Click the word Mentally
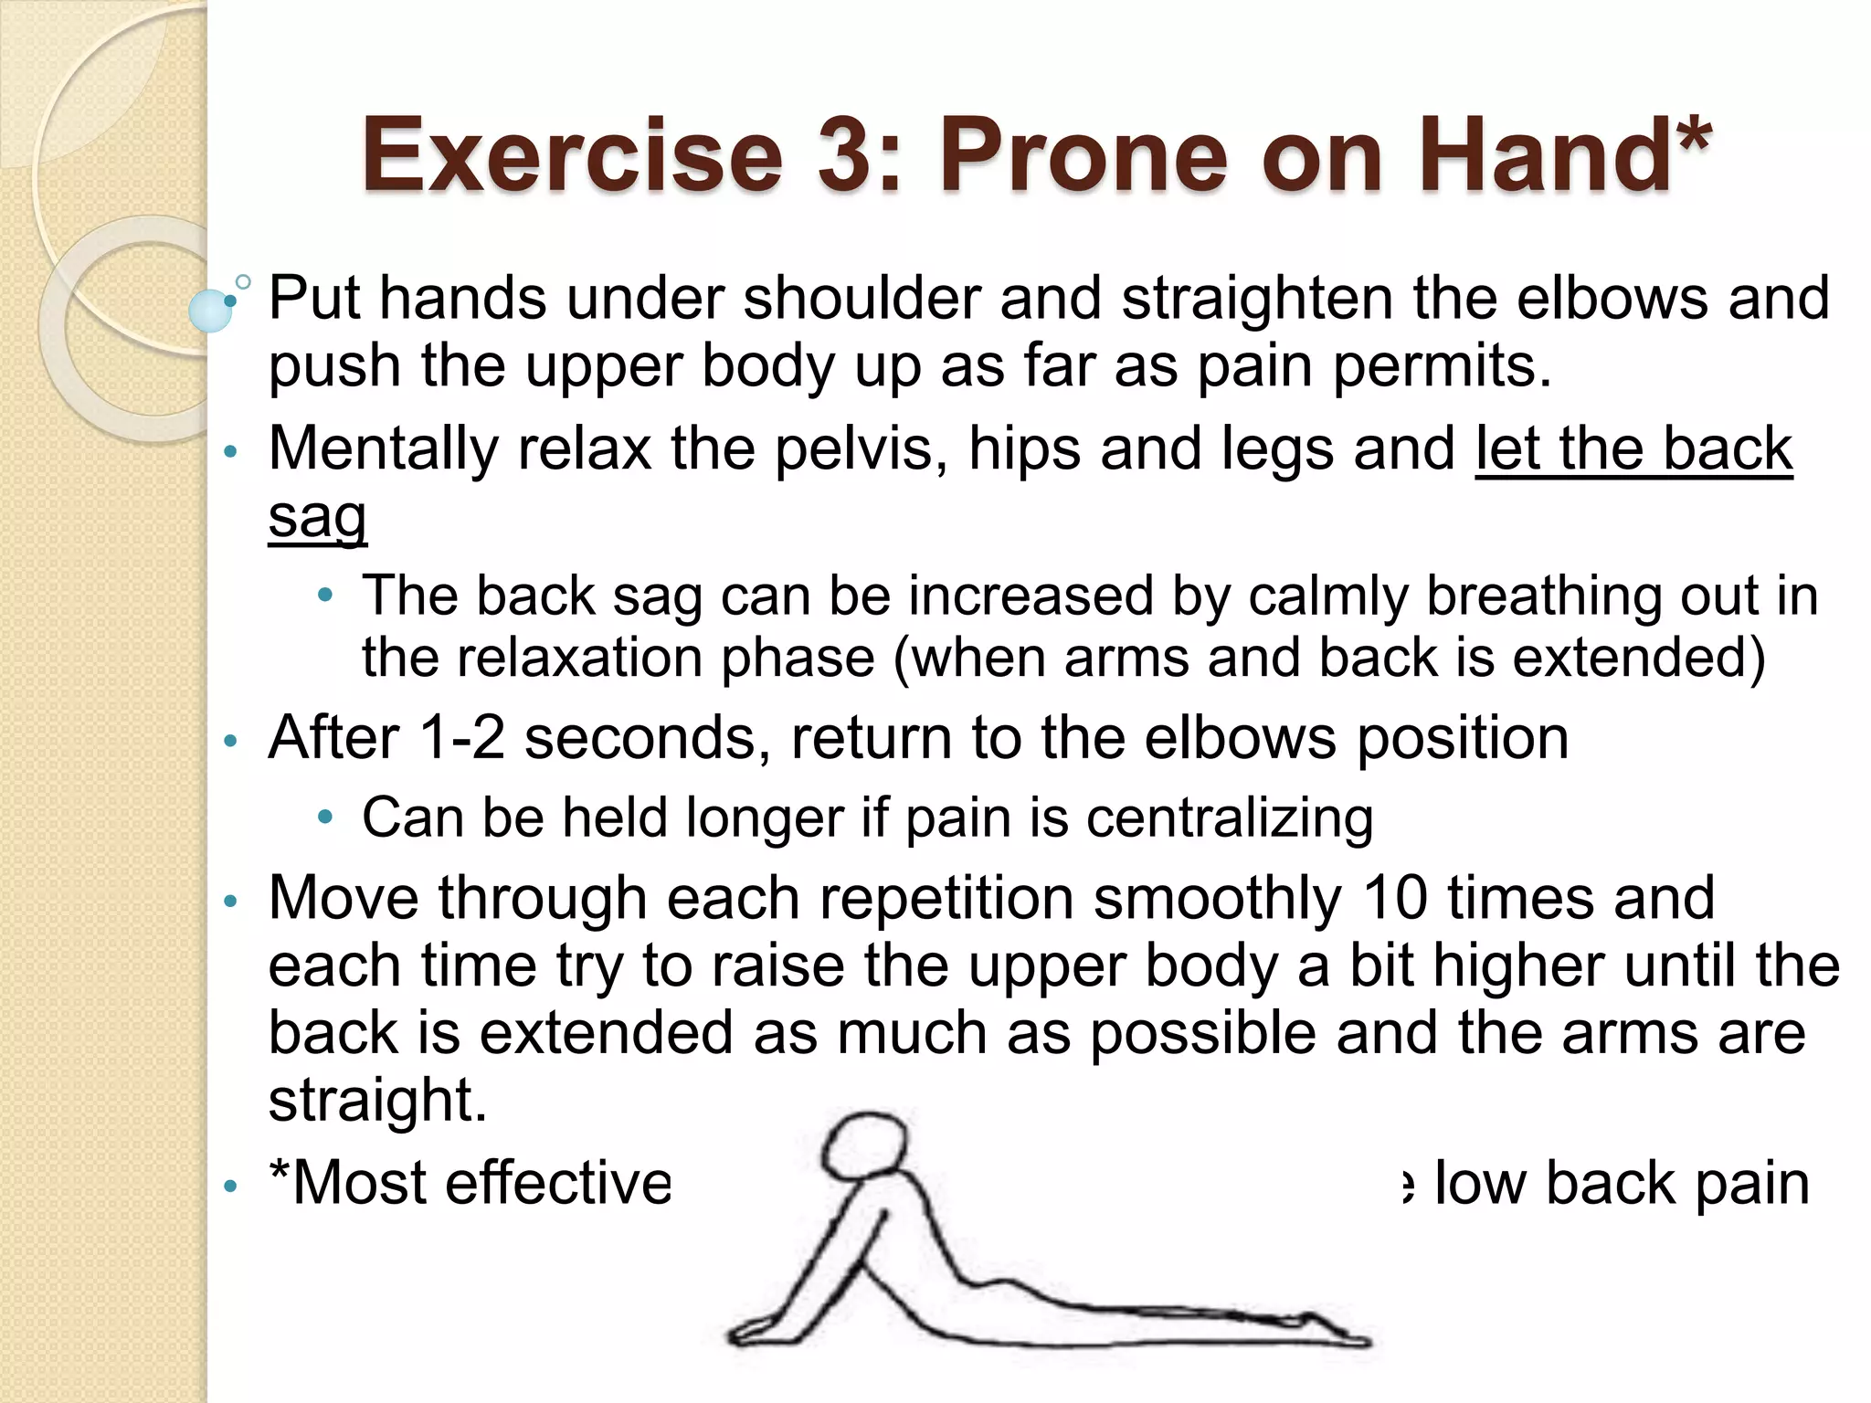[x=382, y=449]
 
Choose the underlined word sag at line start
[x=317, y=517]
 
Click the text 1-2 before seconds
[x=461, y=737]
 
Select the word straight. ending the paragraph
[x=377, y=1100]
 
